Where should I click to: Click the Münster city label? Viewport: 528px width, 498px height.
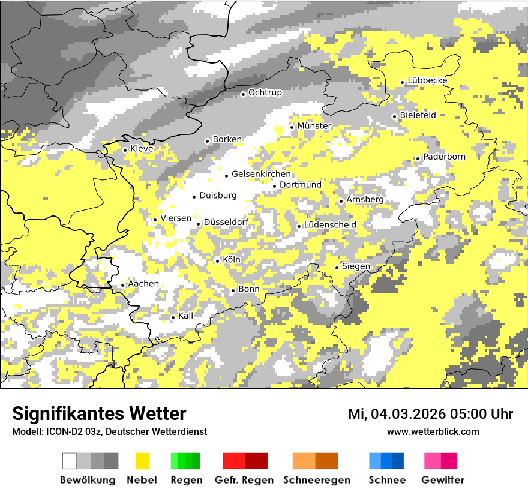pyautogui.click(x=314, y=126)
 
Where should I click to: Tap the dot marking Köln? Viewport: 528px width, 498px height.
pyautogui.click(x=217, y=260)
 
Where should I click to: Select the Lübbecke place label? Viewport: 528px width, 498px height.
pyautogui.click(x=428, y=81)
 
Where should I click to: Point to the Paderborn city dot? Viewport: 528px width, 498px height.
pyautogui.click(x=418, y=158)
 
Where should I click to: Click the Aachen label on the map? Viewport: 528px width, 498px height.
pyautogui.click(x=143, y=284)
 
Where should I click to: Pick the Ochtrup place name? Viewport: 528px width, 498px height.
pyautogui.click(x=265, y=92)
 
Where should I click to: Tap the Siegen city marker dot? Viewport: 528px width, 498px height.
pyautogui.click(x=337, y=268)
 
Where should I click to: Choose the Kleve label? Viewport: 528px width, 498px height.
pyautogui.click(x=142, y=149)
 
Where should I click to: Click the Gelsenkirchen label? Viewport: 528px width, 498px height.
pyautogui.click(x=261, y=174)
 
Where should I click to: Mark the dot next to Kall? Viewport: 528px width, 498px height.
pyautogui.click(x=173, y=317)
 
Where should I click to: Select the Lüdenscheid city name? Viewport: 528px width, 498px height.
pyautogui.click(x=330, y=225)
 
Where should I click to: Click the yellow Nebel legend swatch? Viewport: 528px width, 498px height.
pyautogui.click(x=142, y=461)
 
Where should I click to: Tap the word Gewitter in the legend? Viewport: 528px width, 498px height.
pyautogui.click(x=443, y=480)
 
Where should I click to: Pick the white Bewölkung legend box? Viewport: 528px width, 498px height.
pyautogui.click(x=70, y=461)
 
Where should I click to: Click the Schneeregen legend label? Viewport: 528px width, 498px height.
pyautogui.click(x=317, y=480)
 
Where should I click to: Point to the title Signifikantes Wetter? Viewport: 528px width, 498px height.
pyautogui.click(x=99, y=414)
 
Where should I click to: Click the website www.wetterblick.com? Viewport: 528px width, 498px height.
pyautogui.click(x=433, y=431)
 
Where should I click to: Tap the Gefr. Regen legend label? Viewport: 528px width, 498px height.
pyautogui.click(x=244, y=480)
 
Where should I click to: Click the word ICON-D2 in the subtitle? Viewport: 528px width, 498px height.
pyautogui.click(x=61, y=431)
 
